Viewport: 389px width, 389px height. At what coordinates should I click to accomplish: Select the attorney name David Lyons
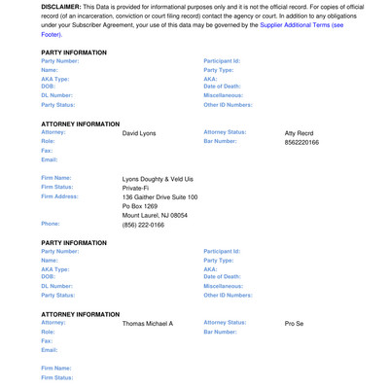point(139,133)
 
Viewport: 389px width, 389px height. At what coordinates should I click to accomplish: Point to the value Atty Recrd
point(302,133)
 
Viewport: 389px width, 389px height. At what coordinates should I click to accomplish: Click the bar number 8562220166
point(301,142)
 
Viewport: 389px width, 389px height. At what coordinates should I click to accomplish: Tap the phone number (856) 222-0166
point(143,225)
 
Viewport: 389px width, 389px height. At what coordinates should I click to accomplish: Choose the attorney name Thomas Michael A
point(148,323)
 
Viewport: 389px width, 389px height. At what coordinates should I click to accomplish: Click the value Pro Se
point(295,323)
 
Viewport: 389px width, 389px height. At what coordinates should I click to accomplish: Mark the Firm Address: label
point(60,196)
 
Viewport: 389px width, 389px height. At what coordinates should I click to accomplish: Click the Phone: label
point(51,224)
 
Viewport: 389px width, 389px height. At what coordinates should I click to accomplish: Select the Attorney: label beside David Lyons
point(54,132)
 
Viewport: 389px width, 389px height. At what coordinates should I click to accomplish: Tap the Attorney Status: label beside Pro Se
point(225,322)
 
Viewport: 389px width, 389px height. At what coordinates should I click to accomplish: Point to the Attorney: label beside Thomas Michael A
point(54,322)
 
